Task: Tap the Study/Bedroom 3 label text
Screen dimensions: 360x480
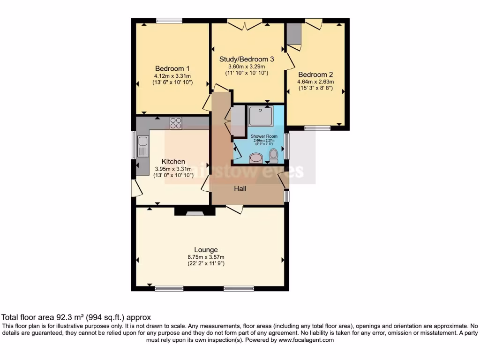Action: click(x=247, y=59)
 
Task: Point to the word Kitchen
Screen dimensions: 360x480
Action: click(x=173, y=161)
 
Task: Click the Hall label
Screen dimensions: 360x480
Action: click(x=240, y=188)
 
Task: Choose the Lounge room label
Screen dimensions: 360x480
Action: click(x=206, y=249)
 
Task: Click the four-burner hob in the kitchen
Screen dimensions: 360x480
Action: click(x=176, y=123)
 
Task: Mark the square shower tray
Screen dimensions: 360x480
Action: click(x=260, y=115)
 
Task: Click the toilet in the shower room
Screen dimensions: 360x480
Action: click(x=274, y=154)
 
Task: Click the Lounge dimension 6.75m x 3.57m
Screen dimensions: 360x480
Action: click(x=206, y=257)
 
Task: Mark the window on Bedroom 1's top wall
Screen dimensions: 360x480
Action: click(x=169, y=21)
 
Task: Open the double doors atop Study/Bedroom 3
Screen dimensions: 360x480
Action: click(x=244, y=23)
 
